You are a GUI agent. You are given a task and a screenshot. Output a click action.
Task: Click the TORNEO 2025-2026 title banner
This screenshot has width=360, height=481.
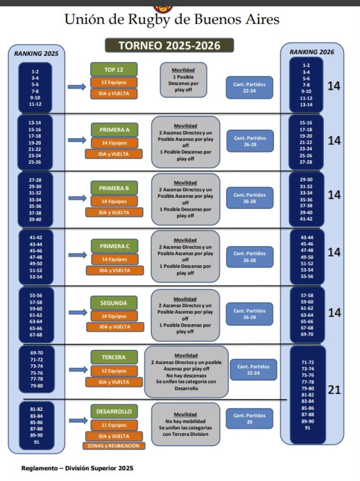pos(169,46)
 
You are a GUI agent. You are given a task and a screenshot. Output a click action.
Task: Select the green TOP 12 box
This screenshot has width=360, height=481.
pos(114,69)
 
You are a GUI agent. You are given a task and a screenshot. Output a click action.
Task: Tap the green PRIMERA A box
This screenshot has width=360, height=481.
pos(115,130)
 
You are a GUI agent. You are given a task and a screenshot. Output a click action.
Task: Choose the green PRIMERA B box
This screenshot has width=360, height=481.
pos(115,188)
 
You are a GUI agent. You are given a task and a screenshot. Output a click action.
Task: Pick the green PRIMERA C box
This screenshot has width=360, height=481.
pos(115,246)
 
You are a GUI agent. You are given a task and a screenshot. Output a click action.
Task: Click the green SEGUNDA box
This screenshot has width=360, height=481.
pos(114,304)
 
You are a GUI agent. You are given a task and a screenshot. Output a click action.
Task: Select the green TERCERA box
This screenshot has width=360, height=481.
pos(114,357)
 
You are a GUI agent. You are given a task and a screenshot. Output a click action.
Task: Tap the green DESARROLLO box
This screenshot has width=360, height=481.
pos(114,412)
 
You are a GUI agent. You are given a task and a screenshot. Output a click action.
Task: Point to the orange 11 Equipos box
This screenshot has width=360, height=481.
pos(114,425)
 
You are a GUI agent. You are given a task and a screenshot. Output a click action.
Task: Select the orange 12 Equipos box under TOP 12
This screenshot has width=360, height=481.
pos(114,82)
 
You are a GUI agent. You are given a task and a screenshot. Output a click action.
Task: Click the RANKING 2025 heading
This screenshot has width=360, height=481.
pos(36,54)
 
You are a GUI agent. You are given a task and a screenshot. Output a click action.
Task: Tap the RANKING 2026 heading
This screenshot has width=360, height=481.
pos(311,52)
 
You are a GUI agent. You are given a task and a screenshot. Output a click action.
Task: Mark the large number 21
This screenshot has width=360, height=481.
pos(334,390)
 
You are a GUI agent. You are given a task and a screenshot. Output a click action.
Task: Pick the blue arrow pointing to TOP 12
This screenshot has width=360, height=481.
pos(76,87)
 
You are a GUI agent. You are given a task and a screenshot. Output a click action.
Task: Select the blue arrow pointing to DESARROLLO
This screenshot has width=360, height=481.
pos(77,421)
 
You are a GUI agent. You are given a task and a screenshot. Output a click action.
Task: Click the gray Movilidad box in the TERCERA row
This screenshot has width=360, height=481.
pos(186,372)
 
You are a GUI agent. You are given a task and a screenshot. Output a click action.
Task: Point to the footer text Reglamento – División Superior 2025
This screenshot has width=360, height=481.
pos(77,468)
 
